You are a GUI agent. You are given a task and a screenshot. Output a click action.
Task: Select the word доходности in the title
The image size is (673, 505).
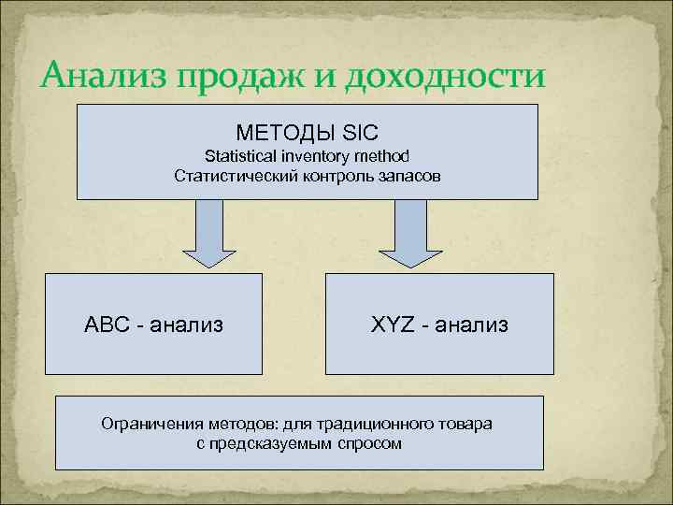449,73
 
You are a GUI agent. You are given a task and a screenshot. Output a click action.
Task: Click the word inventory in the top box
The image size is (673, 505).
316,156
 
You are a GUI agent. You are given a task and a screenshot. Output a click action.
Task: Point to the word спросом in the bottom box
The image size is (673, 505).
370,443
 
